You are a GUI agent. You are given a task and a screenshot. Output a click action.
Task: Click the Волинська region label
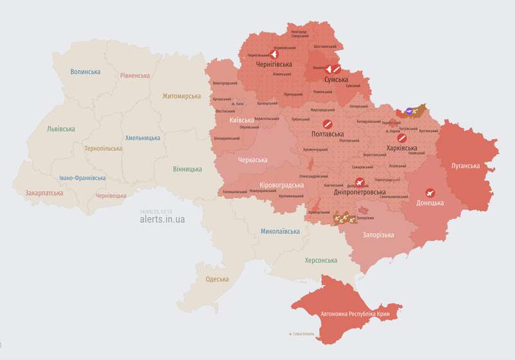86,71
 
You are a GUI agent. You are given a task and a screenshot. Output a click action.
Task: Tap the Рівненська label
135,75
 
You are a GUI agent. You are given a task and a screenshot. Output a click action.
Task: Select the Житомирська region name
182,96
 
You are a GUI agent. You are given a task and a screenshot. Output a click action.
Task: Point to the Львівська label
61,129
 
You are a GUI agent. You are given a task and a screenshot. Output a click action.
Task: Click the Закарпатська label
44,193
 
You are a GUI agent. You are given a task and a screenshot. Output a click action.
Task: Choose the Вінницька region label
187,169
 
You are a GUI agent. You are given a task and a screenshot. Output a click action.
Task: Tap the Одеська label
217,279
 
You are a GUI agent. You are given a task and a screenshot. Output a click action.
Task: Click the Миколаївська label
280,231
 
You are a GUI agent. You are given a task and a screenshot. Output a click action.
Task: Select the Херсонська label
321,260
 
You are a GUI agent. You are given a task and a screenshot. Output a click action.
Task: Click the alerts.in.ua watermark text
162,219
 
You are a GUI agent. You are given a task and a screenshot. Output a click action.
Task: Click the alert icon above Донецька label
429,192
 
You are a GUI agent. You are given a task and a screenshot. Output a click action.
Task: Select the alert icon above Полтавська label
327,124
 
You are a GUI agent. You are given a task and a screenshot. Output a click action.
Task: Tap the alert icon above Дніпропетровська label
359,182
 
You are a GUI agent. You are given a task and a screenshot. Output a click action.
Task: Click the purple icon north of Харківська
409,111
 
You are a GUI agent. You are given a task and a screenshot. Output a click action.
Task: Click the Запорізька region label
379,235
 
